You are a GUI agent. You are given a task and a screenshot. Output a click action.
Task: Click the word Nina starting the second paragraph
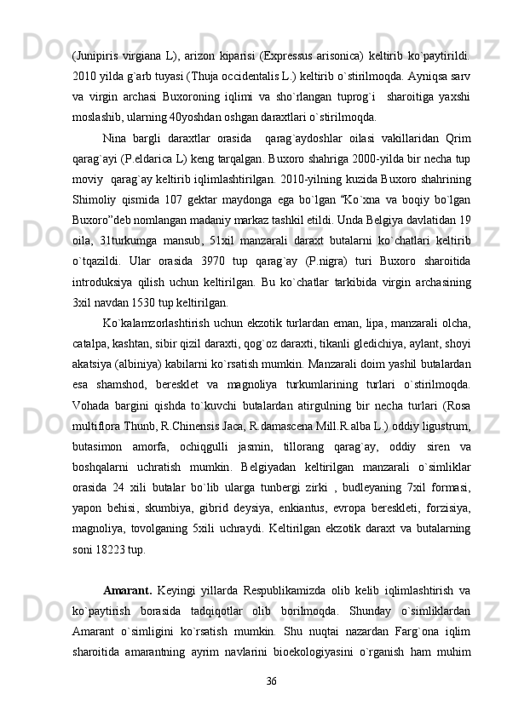115,136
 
